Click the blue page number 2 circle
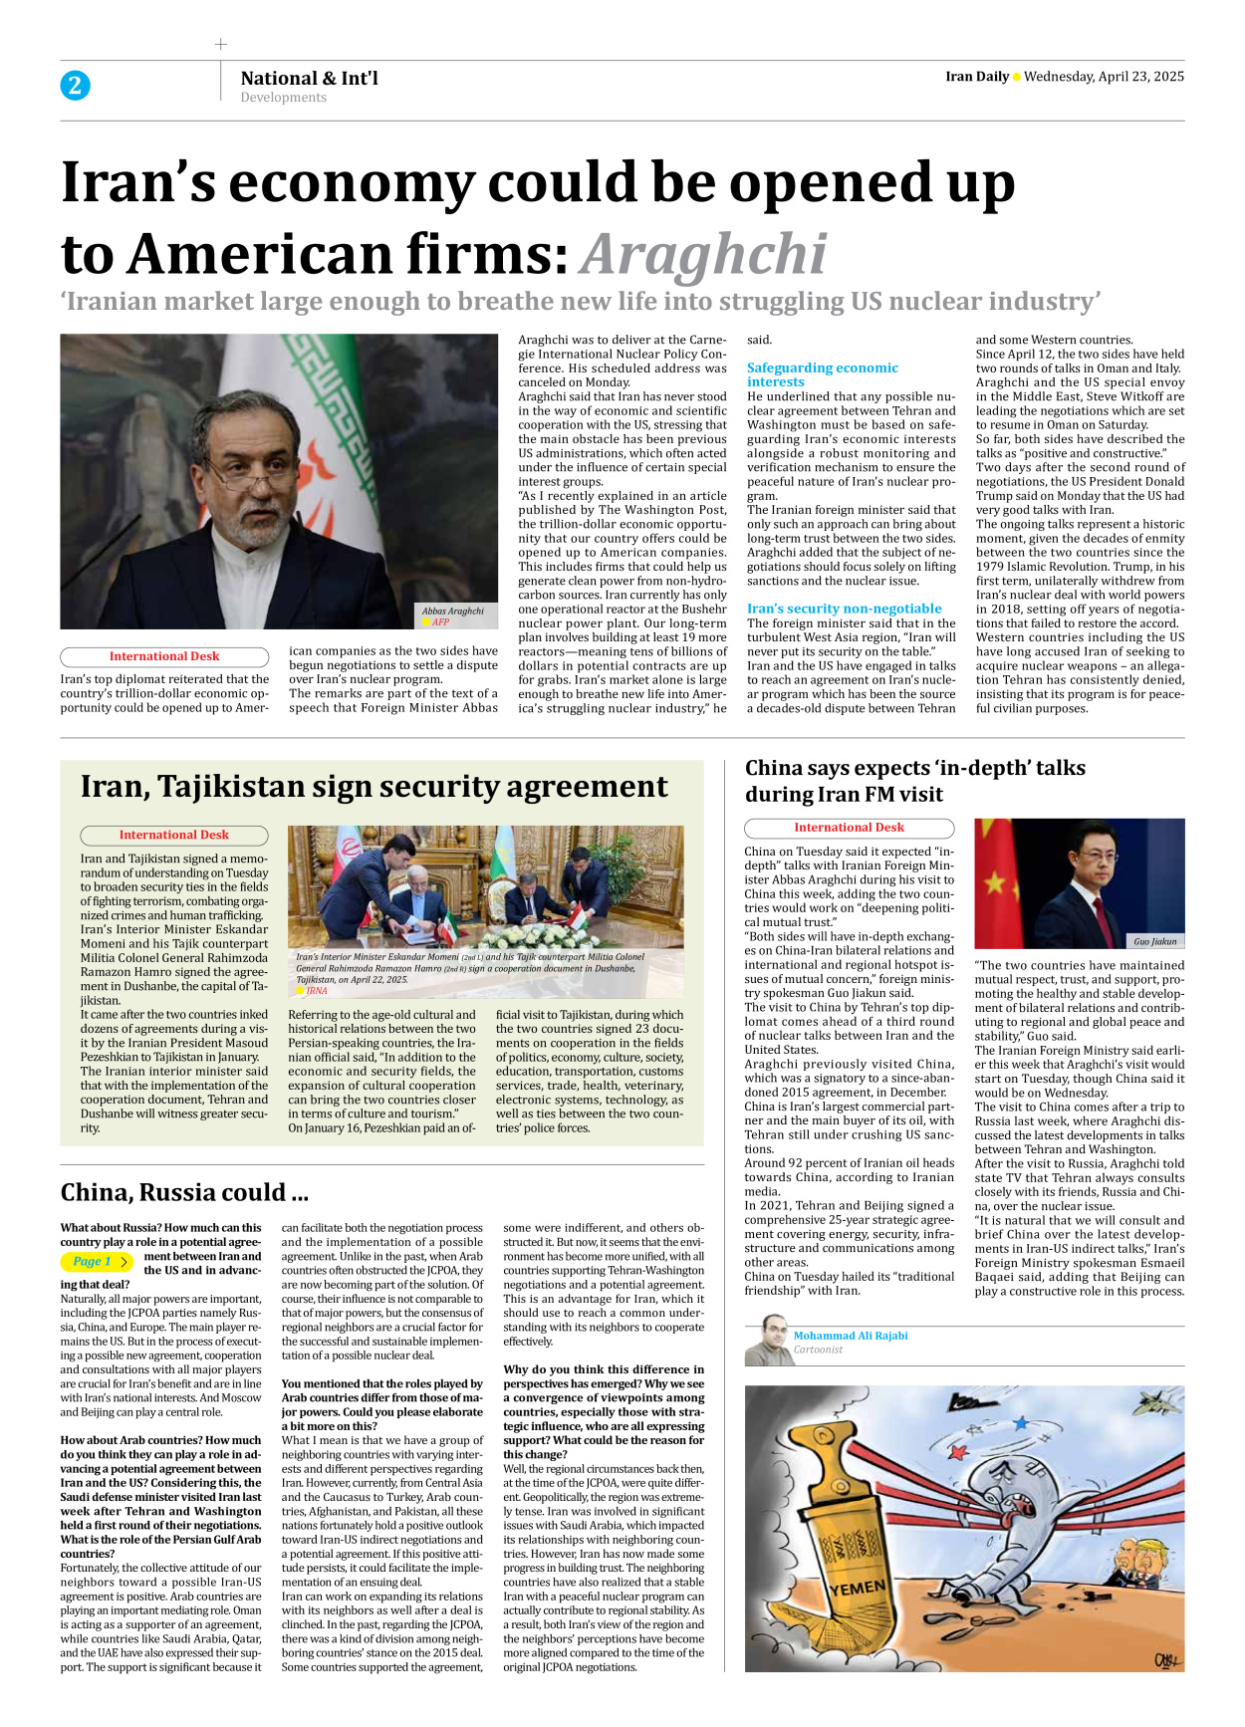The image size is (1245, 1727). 75,86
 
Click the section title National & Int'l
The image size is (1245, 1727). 309,78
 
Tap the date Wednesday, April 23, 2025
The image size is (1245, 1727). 1104,77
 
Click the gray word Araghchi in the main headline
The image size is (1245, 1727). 703,255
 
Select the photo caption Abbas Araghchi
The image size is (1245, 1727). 452,612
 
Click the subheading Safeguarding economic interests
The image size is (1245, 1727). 822,374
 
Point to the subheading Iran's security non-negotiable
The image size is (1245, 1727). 844,609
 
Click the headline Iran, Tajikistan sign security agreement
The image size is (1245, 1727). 373,787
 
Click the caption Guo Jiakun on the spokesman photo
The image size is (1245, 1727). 1154,941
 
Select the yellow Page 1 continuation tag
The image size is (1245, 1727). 96,1261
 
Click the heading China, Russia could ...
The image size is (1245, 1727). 184,1192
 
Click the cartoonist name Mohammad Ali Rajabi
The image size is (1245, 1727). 851,1336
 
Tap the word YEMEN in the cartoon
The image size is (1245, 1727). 857,1589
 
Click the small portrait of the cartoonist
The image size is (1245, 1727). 766,1341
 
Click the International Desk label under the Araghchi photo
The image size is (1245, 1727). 164,656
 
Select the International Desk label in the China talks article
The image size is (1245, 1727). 849,828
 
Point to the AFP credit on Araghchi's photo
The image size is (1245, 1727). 440,622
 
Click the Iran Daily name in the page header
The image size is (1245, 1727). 976,77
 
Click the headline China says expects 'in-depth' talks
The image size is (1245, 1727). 914,781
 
